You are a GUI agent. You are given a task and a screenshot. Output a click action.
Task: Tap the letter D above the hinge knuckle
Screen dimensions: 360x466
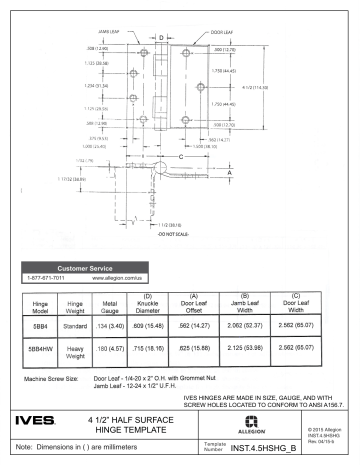pos(163,38)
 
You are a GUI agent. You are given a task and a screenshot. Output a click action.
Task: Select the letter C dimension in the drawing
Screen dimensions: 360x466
pos(180,159)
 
